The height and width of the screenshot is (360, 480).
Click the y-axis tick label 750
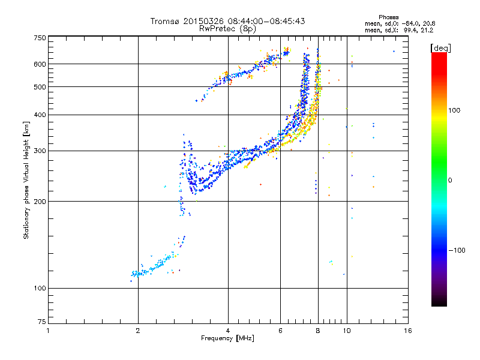[40, 38]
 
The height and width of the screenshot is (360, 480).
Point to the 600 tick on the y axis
[40, 64]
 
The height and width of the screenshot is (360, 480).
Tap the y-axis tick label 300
[40, 151]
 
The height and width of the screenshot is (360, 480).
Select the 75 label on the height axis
[42, 322]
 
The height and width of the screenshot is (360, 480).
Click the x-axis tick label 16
[408, 331]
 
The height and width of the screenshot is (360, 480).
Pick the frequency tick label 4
[228, 331]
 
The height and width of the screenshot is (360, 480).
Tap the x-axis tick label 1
[48, 331]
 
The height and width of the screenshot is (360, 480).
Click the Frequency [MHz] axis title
[227, 338]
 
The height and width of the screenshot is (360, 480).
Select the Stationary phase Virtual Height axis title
[26, 181]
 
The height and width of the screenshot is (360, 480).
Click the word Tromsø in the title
[165, 21]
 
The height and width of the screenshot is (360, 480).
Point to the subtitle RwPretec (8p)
[227, 29]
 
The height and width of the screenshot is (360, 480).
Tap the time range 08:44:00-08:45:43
[266, 21]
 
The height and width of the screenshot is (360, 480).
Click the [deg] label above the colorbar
[440, 48]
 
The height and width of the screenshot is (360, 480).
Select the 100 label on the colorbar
[454, 110]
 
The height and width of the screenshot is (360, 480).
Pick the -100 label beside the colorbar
[457, 250]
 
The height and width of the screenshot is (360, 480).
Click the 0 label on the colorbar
[450, 181]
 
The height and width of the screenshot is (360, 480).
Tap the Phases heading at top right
[388, 17]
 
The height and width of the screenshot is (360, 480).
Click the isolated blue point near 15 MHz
[394, 52]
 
